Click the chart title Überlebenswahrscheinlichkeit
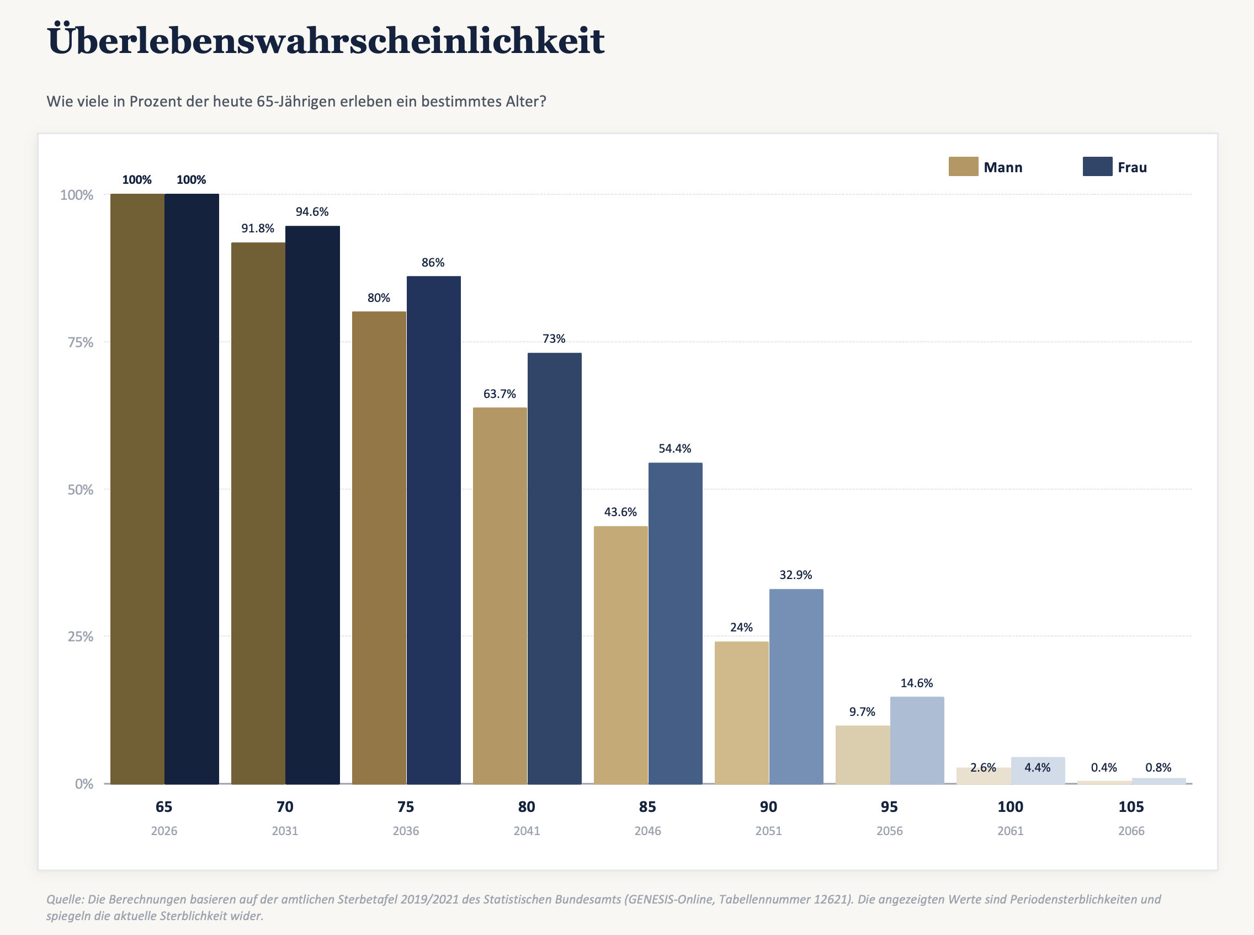point(326,40)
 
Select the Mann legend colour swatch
point(963,166)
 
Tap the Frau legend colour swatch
point(1097,166)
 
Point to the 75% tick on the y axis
point(81,342)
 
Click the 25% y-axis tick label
point(81,637)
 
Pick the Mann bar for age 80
point(500,596)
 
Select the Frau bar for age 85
point(675,623)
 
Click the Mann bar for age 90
point(741,713)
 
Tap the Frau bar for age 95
point(917,740)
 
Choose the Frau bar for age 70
point(312,505)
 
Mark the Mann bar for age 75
point(379,548)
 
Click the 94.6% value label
point(312,212)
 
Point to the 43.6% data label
point(620,512)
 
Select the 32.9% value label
point(796,575)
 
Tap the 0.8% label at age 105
point(1159,767)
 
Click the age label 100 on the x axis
point(1010,806)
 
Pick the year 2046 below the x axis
point(647,831)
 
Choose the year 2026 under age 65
point(164,831)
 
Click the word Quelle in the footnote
point(65,899)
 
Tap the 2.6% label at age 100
point(983,767)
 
